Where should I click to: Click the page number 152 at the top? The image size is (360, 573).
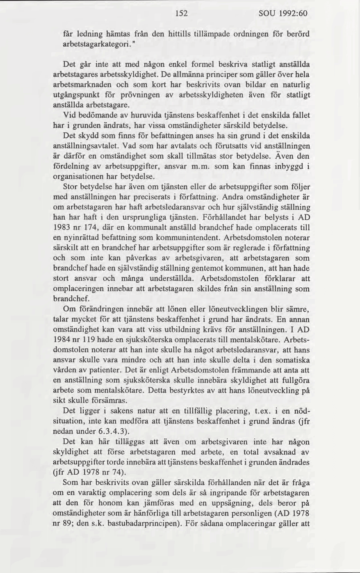tap(180, 14)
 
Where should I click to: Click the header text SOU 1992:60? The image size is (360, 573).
tap(283, 14)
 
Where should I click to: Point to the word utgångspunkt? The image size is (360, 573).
tap(79, 95)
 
